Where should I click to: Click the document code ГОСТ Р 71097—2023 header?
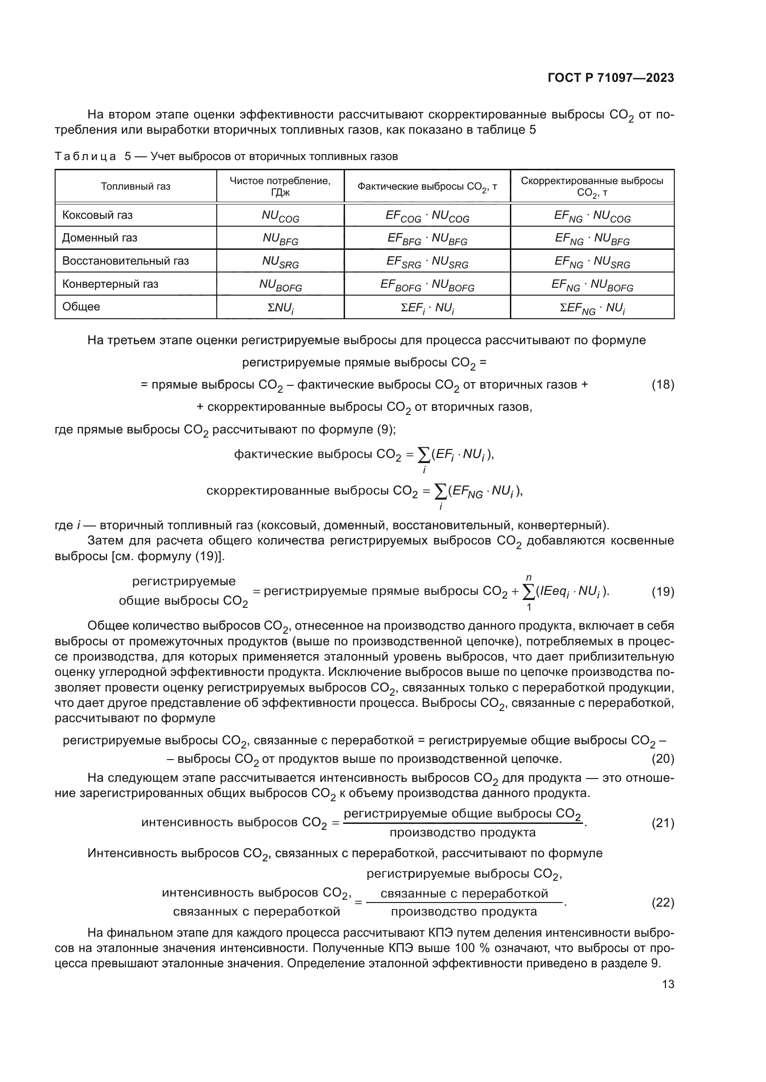click(x=611, y=78)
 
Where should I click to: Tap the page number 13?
click(x=668, y=984)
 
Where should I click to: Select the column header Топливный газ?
click(x=135, y=186)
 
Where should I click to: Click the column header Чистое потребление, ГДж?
click(x=280, y=186)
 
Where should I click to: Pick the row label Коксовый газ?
click(x=98, y=216)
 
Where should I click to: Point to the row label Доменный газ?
click(x=100, y=238)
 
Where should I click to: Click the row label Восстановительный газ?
click(x=126, y=260)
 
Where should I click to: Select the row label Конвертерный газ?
click(x=110, y=284)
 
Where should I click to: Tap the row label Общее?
click(x=81, y=307)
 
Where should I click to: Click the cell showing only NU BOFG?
click(x=280, y=284)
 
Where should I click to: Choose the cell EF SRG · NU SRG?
click(x=427, y=261)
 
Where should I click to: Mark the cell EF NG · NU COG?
click(x=592, y=216)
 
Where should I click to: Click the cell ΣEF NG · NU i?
click(x=592, y=308)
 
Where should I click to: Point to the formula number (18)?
click(x=663, y=385)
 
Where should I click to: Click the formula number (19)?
click(x=663, y=592)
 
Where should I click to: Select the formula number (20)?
click(x=663, y=759)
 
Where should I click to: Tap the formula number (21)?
click(x=663, y=823)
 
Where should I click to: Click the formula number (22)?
click(x=663, y=903)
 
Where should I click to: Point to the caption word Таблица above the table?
click(x=85, y=156)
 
